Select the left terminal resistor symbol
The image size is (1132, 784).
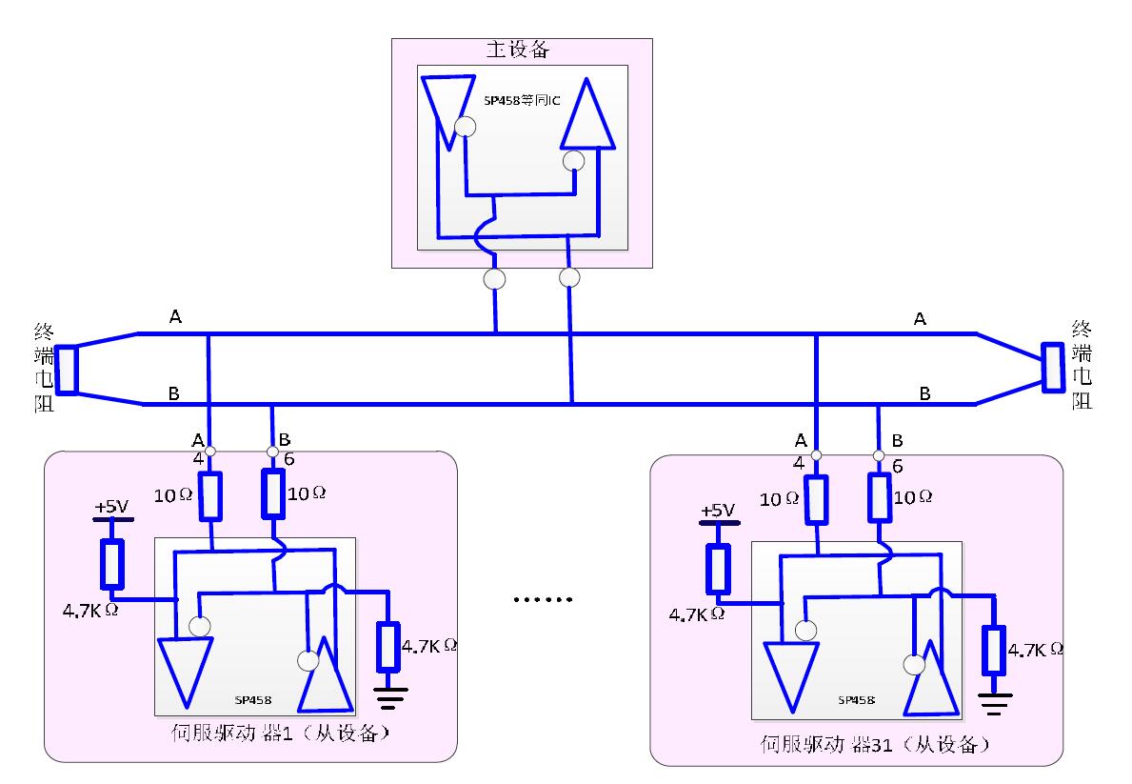tap(66, 369)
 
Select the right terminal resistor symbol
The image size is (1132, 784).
tap(1054, 368)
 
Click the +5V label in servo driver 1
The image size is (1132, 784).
tap(111, 507)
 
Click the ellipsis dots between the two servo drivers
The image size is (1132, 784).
tap(544, 600)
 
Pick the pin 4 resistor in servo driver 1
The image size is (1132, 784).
tap(211, 496)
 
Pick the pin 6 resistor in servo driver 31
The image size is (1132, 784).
tap(880, 500)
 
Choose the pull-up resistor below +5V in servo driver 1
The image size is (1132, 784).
tap(112, 563)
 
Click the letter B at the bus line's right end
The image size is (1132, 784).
tap(924, 392)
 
